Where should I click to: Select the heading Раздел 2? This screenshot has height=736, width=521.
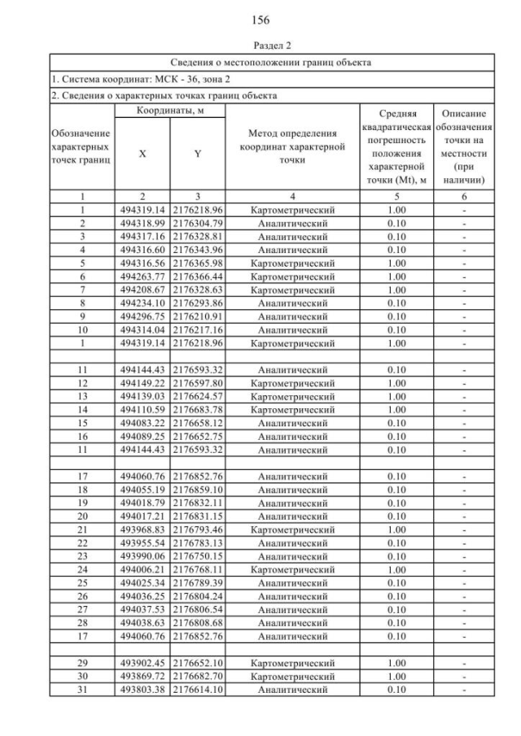tap(260, 45)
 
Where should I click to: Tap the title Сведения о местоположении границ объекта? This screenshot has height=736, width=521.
tap(271, 62)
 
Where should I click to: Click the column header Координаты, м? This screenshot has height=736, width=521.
tap(169, 111)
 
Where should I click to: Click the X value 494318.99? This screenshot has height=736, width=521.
tap(142, 222)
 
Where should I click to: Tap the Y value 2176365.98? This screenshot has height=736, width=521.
tap(198, 263)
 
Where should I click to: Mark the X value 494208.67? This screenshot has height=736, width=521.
tap(142, 290)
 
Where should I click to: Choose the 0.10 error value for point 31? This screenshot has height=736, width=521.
tap(396, 690)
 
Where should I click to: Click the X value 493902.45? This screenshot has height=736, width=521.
tap(142, 662)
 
